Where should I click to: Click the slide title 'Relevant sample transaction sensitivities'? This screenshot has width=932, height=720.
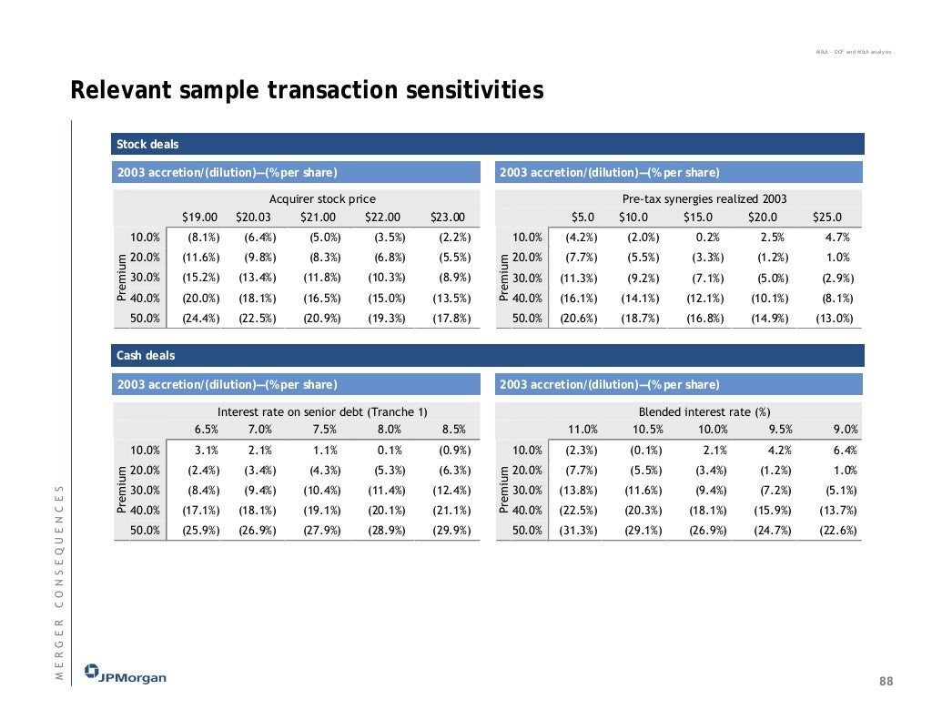click(x=307, y=91)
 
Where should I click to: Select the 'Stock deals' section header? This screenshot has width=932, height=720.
click(x=147, y=144)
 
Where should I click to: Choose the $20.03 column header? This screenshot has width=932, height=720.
click(x=253, y=217)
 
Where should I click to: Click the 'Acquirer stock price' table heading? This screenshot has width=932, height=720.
click(x=322, y=198)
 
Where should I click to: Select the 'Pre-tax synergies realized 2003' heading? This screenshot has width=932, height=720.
click(x=704, y=198)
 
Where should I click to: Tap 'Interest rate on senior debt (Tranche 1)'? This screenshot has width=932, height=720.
click(x=322, y=411)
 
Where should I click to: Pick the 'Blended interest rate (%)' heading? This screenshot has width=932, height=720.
click(x=704, y=411)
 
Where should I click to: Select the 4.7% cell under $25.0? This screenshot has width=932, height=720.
click(x=837, y=238)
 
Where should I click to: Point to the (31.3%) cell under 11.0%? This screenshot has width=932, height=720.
click(x=580, y=530)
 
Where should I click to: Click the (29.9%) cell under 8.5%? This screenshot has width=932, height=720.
click(x=453, y=530)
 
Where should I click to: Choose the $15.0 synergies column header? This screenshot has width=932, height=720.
click(x=698, y=217)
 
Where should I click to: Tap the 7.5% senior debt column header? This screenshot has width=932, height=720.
click(x=325, y=430)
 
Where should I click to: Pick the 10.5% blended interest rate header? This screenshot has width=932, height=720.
click(x=647, y=430)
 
